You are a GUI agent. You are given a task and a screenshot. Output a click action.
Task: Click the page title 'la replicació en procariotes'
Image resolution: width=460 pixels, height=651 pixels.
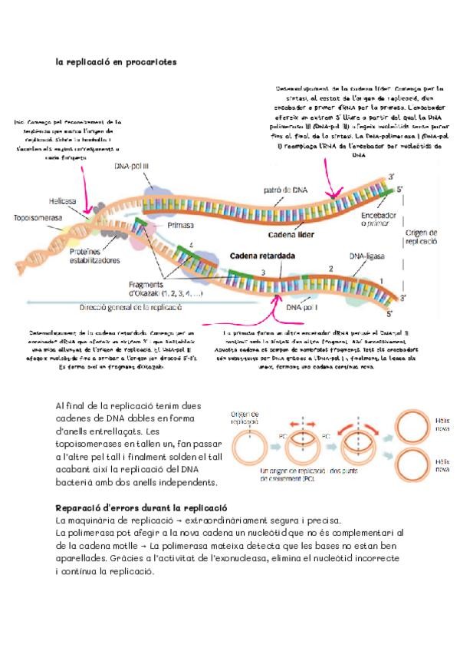click(117, 61)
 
